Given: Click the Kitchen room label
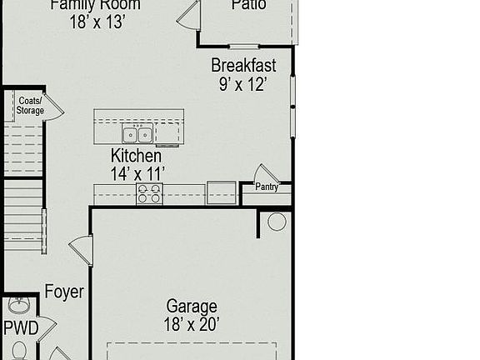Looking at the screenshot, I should pos(137,156).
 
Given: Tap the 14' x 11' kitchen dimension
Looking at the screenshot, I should pos(137,172).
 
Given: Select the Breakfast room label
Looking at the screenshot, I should pos(243,65).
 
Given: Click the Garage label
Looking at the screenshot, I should pos(192,307).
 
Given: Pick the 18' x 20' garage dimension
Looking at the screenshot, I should pos(192,324).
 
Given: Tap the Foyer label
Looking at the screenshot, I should pos(64,292).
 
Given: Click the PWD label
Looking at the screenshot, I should pos(21,328).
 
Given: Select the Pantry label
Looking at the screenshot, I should pos(267,187).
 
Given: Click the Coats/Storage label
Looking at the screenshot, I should pos(30,105).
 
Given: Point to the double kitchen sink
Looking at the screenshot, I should pos(137,134).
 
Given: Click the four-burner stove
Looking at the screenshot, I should pos(149,194).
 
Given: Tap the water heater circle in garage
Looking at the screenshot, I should pos(277,222).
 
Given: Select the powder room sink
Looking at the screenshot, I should pos(18,305).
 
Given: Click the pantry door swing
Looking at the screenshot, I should pos(265,174).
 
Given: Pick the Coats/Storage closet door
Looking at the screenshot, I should pos(52,106).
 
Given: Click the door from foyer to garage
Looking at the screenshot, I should pos(82,249).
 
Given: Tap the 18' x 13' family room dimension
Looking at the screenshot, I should pos(97,22).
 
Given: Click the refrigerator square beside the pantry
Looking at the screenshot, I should pos(222,192).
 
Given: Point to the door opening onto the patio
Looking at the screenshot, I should pos(189,15).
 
